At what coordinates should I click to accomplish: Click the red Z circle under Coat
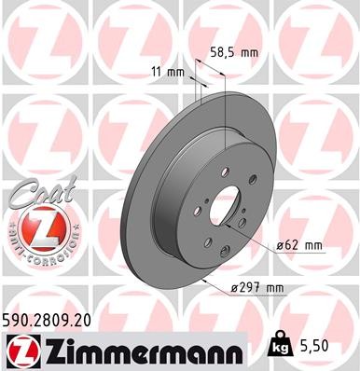click(x=35, y=227)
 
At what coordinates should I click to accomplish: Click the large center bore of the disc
click(x=222, y=207)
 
